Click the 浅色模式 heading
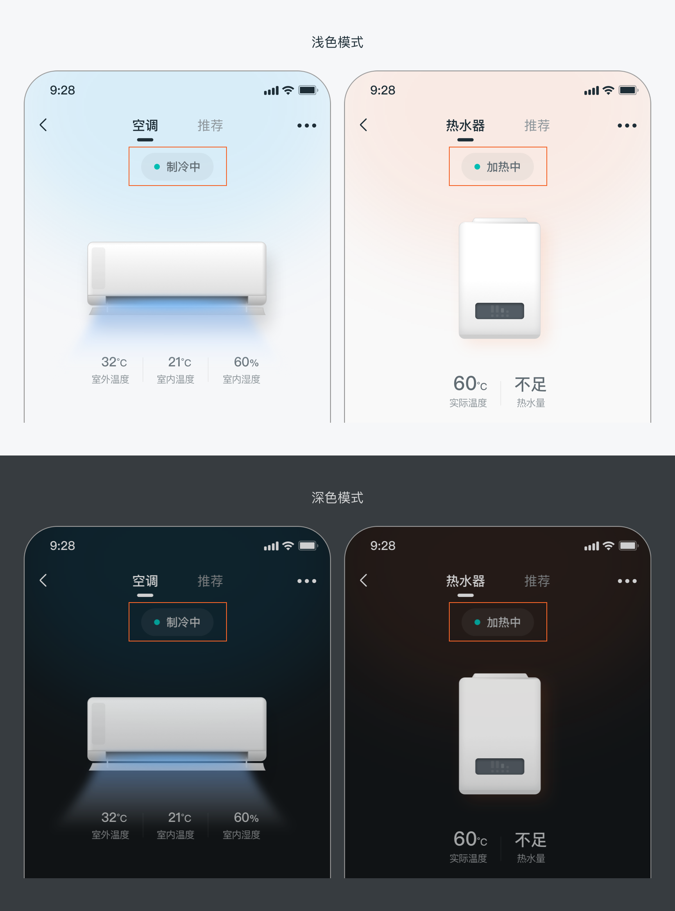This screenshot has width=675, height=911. click(x=337, y=42)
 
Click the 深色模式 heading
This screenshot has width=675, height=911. click(x=337, y=498)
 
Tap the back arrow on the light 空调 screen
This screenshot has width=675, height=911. click(x=43, y=125)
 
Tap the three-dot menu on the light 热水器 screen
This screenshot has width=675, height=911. click(x=627, y=125)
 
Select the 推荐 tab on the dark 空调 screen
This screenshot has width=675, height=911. click(x=210, y=581)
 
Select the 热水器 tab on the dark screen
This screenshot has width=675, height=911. click(x=465, y=581)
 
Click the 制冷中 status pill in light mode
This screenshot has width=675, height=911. click(x=177, y=167)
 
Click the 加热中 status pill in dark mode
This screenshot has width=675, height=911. click(x=498, y=622)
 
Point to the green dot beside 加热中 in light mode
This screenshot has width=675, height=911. click(x=477, y=167)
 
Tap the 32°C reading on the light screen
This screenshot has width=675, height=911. click(x=114, y=362)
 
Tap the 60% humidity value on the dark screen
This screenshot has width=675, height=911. click(x=246, y=818)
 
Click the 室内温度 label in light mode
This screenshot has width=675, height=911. click(x=176, y=380)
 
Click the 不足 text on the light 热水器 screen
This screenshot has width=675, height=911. click(x=530, y=385)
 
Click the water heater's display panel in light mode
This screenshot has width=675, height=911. click(x=500, y=311)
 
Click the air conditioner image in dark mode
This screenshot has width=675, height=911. click(x=177, y=734)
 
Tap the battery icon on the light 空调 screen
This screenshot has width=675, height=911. click(x=308, y=90)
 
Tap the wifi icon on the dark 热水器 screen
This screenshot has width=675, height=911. click(x=609, y=546)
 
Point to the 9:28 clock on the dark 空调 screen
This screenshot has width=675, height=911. click(x=62, y=546)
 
